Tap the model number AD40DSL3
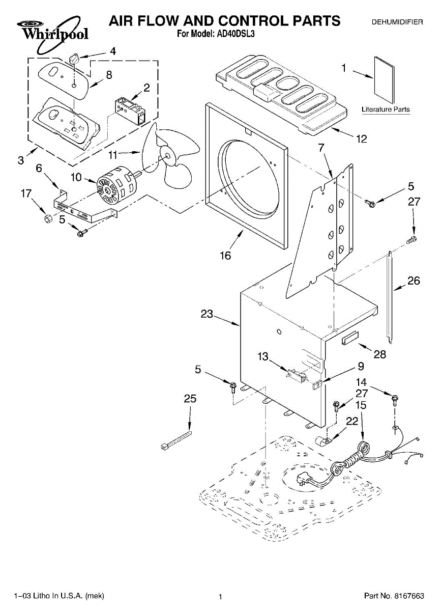pyautogui.click(x=235, y=34)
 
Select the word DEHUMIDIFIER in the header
pyautogui.click(x=397, y=22)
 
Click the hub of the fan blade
pyautogui.click(x=166, y=157)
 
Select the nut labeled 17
pyautogui.click(x=48, y=218)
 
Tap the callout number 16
pyautogui.click(x=225, y=256)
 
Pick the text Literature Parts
pyautogui.click(x=386, y=109)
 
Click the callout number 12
pyautogui.click(x=362, y=139)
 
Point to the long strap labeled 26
pyautogui.click(x=390, y=297)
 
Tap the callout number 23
pyautogui.click(x=207, y=314)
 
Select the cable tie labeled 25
pyautogui.click(x=176, y=440)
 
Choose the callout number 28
pyautogui.click(x=380, y=354)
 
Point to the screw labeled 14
pyautogui.click(x=395, y=401)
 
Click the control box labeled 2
pyautogui.click(x=130, y=111)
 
